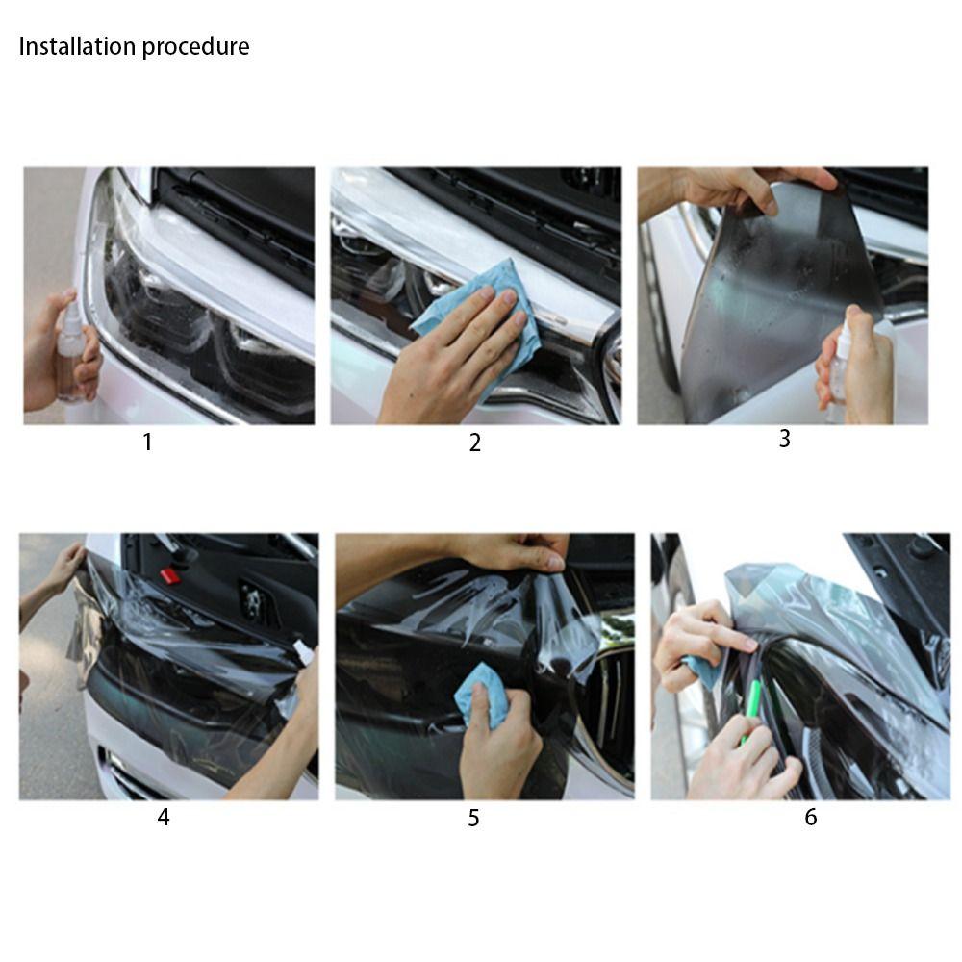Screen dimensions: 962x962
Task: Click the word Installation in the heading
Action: (x=78, y=46)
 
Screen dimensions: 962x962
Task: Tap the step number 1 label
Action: (x=147, y=443)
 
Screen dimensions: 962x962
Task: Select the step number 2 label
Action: (x=474, y=443)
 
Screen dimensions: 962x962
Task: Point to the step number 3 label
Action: (x=784, y=439)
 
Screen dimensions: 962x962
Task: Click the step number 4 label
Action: (x=164, y=818)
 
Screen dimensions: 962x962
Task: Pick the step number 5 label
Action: (x=473, y=818)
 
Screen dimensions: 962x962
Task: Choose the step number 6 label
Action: (x=810, y=818)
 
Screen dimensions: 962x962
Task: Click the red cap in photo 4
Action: (x=170, y=575)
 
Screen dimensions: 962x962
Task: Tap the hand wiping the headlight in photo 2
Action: (x=452, y=366)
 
